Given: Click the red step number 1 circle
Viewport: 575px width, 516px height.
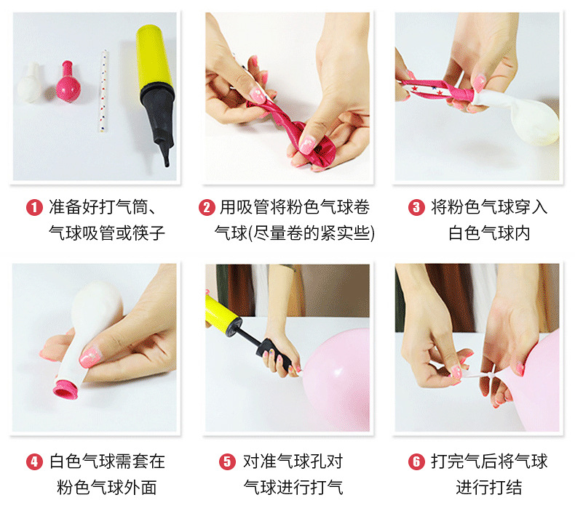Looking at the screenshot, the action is point(34,208).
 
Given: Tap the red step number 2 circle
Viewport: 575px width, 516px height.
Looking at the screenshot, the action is point(207,208).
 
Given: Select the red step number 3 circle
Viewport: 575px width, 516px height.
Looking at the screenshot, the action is point(416,208).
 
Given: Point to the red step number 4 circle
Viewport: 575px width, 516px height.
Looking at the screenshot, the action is point(34,461).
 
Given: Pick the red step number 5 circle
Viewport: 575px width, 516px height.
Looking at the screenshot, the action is point(227,461).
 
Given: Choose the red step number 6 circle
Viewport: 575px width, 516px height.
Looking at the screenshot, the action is point(416,461).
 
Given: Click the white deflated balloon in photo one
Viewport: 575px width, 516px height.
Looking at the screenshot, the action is point(30,83).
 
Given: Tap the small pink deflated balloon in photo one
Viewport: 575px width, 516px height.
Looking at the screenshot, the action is point(68,81).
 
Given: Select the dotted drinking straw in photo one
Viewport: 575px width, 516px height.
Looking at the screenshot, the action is point(104,91).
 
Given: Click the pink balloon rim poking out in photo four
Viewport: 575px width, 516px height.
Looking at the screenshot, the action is point(66,390).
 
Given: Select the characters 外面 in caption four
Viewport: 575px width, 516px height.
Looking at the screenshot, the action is point(140,488).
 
